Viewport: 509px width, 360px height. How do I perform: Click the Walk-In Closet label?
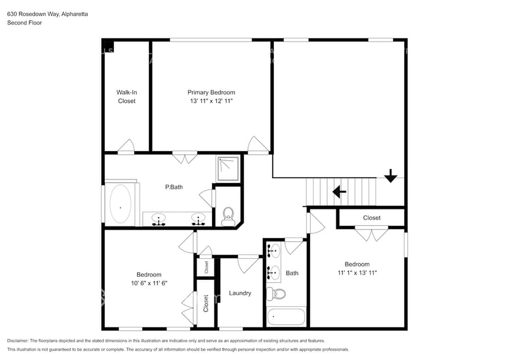coord(127,97)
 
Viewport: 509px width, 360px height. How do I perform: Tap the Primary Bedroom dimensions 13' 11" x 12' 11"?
coord(211,100)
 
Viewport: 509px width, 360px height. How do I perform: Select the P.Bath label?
coord(174,187)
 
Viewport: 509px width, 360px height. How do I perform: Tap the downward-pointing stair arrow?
coord(391,176)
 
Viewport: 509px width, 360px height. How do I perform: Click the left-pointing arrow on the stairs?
coord(339,192)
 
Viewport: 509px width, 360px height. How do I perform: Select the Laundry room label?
coord(240,293)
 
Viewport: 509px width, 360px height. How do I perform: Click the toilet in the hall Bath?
coord(279,294)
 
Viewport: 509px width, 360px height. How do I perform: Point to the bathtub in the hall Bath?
coord(286,317)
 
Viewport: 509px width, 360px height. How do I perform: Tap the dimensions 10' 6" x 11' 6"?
coord(149,283)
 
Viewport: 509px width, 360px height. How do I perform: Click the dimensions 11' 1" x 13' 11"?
coord(356,273)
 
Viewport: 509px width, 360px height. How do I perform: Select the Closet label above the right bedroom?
coord(371,218)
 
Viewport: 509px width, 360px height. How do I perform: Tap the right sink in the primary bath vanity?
coord(198,219)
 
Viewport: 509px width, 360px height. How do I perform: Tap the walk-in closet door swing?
coord(126,146)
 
